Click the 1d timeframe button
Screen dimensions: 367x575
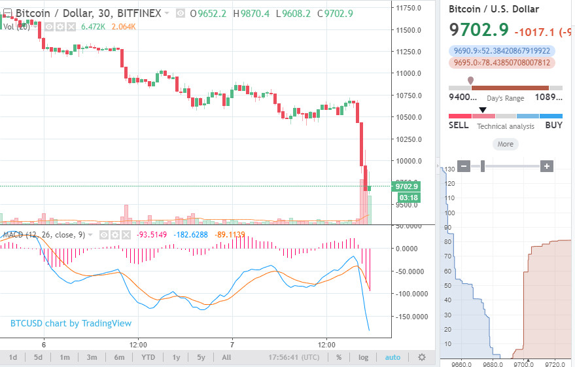13,357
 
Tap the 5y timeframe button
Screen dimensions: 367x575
201,357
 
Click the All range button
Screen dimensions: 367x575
226,357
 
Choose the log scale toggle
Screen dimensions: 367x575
363,357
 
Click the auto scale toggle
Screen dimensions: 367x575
392,357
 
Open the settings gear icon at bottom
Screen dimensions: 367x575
422,357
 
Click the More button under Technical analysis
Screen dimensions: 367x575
505,144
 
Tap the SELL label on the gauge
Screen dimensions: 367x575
459,125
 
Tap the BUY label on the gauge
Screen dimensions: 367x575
553,125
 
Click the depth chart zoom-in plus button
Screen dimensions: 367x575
547,166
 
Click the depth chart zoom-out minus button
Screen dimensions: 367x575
464,166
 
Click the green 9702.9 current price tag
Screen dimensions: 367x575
406,186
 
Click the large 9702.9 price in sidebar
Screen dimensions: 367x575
479,29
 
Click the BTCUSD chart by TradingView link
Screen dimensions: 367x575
71,323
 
